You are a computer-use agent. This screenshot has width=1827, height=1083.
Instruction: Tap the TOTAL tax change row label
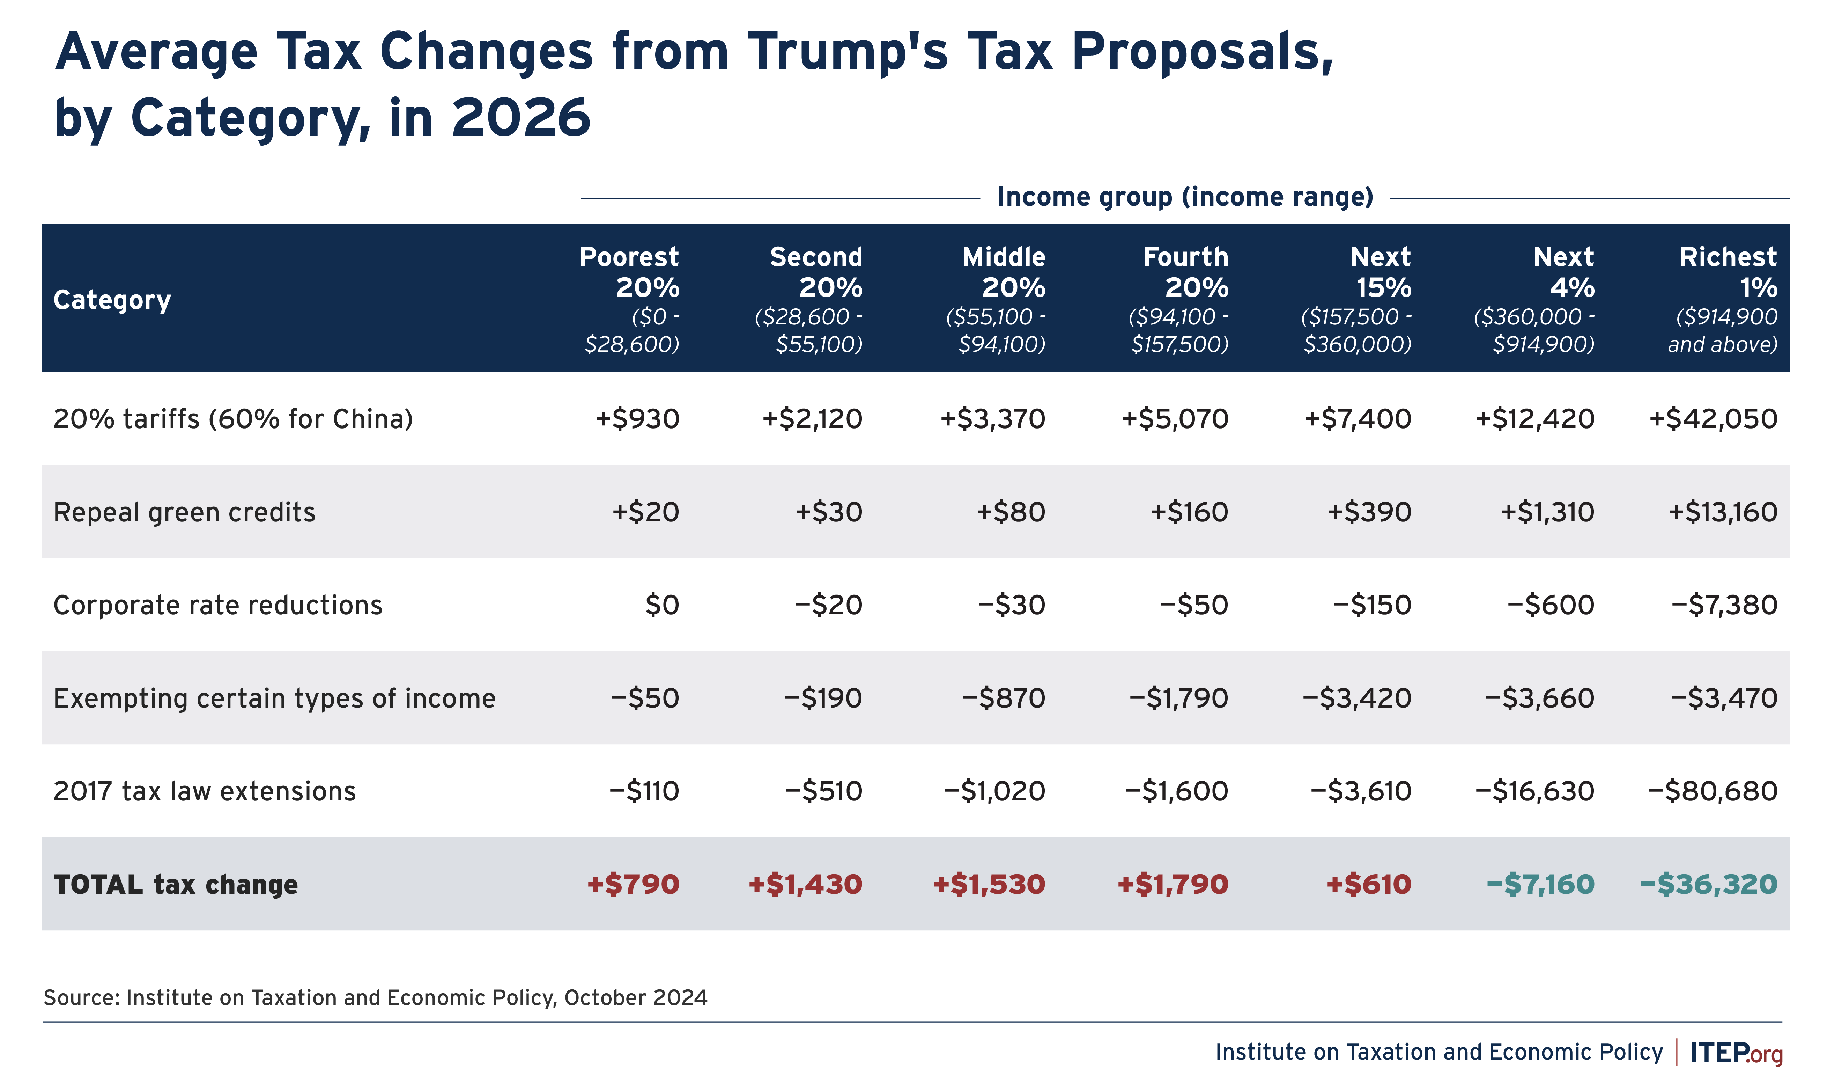click(x=176, y=885)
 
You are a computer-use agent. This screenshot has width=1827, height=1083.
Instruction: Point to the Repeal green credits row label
click(x=185, y=512)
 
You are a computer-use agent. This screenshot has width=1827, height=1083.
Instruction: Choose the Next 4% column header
click(x=1539, y=299)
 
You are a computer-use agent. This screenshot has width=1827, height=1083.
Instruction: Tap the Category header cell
click(x=112, y=300)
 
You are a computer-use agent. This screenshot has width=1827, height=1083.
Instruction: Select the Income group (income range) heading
click(x=1185, y=197)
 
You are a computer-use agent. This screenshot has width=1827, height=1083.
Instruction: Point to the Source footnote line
click(x=376, y=998)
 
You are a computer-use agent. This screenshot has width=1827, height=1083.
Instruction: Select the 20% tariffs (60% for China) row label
click(x=234, y=419)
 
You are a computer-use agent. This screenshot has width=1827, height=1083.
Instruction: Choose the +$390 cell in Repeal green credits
click(x=1369, y=512)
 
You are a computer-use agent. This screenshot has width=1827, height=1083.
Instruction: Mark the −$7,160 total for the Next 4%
click(x=1540, y=885)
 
